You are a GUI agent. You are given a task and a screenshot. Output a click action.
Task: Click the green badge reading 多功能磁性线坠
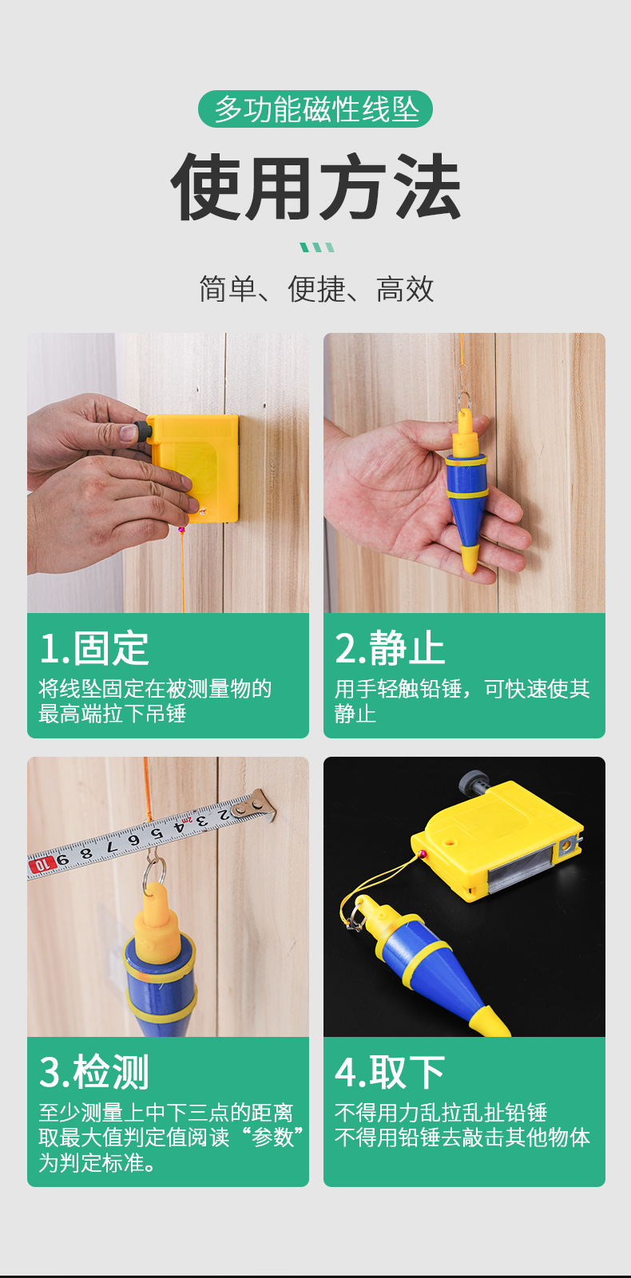[315, 109]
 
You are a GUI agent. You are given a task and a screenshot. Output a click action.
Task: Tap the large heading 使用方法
[315, 187]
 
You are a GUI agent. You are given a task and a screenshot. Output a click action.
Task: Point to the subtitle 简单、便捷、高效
[316, 289]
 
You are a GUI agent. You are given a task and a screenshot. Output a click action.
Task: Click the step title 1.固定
[94, 649]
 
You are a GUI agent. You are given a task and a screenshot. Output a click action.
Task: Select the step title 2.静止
[390, 649]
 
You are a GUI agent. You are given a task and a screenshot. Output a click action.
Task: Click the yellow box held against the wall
[194, 467]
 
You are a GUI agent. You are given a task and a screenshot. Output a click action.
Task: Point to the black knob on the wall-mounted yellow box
[141, 432]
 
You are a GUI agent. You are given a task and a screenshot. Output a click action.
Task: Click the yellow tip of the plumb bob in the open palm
[469, 558]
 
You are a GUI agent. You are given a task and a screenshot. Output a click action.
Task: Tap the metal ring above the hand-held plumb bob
[464, 399]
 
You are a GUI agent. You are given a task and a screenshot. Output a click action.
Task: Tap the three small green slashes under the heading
[318, 247]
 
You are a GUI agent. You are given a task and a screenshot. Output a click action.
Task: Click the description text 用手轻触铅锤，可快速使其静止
[462, 701]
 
